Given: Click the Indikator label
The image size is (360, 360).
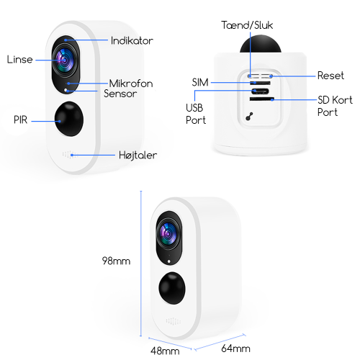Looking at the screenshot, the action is (x=132, y=40).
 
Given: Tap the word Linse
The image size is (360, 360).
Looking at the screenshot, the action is (x=19, y=60).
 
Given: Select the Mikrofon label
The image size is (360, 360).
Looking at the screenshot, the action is (x=131, y=84).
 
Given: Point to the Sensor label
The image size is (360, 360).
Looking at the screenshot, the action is (x=120, y=94).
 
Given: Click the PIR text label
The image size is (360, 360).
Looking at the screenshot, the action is (x=20, y=120).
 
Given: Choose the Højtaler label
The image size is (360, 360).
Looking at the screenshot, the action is (x=138, y=155).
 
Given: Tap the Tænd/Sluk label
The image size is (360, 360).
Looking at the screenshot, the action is (x=247, y=25).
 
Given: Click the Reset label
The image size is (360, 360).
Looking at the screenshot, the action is (x=330, y=76).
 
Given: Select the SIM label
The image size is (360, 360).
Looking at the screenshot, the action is (x=200, y=82).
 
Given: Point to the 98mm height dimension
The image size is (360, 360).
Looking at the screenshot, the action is (x=116, y=261).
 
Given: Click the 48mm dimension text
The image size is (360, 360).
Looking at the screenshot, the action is (x=165, y=351).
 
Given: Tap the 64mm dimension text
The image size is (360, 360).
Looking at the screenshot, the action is (x=235, y=348).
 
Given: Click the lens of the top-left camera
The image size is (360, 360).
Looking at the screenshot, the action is (x=64, y=60).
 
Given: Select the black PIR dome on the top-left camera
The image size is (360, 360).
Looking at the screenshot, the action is (x=69, y=119).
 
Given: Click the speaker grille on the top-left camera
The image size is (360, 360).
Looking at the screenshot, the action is (x=70, y=155).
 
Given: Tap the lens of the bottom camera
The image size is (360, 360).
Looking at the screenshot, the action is (x=168, y=234).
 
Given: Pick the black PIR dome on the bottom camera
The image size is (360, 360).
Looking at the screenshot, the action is (x=172, y=288).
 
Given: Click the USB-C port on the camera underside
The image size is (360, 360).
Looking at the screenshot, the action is (x=260, y=91).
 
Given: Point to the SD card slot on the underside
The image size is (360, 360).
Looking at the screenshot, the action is (x=262, y=99).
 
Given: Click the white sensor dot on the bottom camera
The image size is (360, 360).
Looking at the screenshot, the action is (x=169, y=261).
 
